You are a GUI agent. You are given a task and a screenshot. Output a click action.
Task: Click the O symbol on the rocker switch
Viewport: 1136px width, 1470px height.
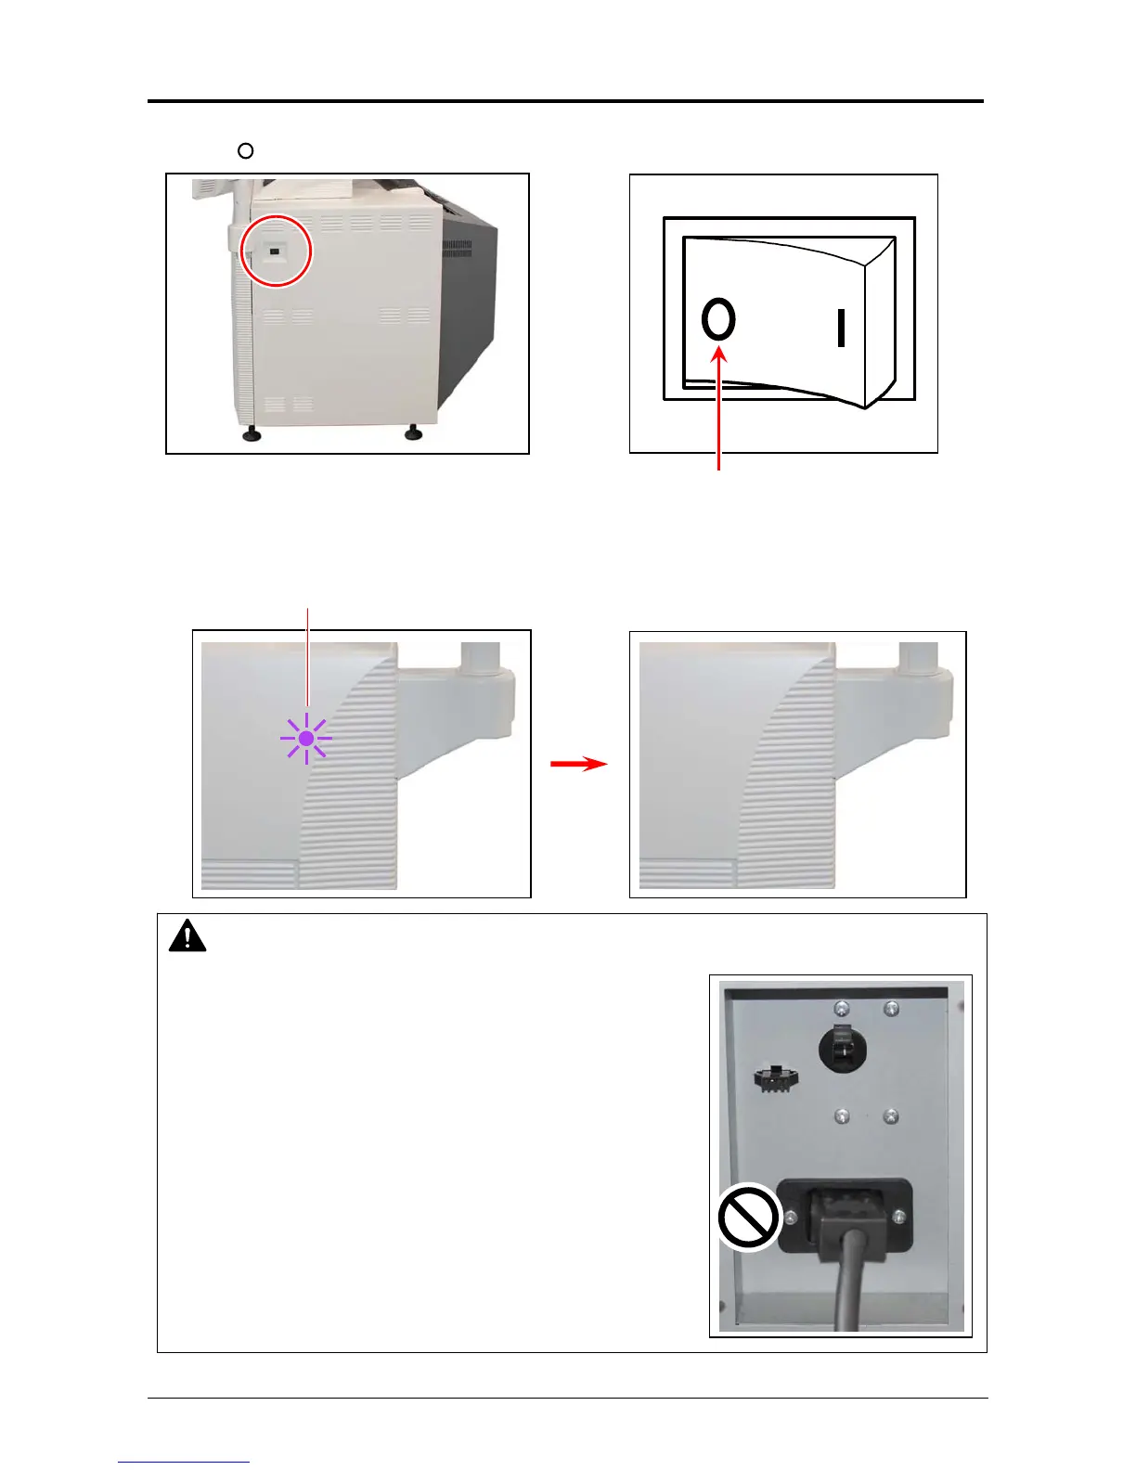click(x=718, y=320)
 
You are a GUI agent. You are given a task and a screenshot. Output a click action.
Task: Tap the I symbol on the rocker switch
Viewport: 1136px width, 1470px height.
click(x=841, y=329)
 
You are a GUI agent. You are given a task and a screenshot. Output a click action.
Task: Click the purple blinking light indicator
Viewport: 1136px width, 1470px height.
click(x=306, y=740)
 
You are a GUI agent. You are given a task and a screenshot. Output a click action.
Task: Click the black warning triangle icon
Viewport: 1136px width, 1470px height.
click(x=187, y=936)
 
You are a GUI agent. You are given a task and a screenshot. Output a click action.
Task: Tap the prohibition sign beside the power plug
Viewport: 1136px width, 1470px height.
click(x=748, y=1217)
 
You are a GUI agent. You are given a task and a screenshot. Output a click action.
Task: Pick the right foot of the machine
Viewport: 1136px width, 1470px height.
click(x=412, y=432)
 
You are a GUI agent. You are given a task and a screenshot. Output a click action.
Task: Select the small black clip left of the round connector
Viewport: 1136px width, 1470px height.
click(x=776, y=1078)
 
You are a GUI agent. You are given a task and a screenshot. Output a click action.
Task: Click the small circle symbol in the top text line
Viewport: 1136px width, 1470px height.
click(x=245, y=150)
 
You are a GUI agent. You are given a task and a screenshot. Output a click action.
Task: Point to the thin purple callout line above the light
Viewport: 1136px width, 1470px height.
click(x=307, y=659)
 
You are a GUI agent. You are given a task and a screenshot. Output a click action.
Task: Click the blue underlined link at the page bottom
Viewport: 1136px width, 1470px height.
click(x=184, y=1463)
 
